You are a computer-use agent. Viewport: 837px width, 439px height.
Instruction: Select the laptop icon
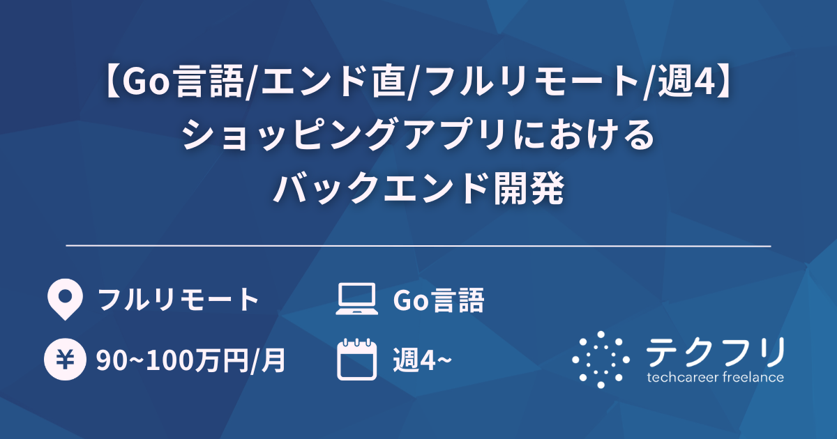pyautogui.click(x=356, y=300)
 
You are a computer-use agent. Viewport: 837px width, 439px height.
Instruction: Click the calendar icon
pyautogui.click(x=356, y=359)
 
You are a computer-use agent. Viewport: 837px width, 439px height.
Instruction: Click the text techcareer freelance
pyautogui.click(x=715, y=378)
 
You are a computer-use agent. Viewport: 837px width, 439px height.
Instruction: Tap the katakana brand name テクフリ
pyautogui.click(x=715, y=351)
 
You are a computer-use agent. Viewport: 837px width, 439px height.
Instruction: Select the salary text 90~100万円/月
pyautogui.click(x=190, y=360)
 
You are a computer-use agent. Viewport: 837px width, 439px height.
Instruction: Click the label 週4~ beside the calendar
pyautogui.click(x=422, y=360)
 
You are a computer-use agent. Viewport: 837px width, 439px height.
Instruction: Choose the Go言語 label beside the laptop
pyautogui.click(x=438, y=300)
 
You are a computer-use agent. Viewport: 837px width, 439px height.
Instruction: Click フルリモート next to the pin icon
pyautogui.click(x=179, y=300)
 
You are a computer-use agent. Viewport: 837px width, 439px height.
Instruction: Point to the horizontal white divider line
pyautogui.click(x=418, y=246)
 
